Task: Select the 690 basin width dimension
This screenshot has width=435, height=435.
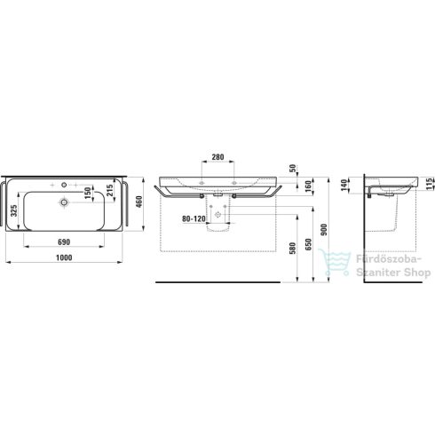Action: [x=62, y=241]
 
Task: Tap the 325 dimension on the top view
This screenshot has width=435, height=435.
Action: [x=15, y=211]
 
